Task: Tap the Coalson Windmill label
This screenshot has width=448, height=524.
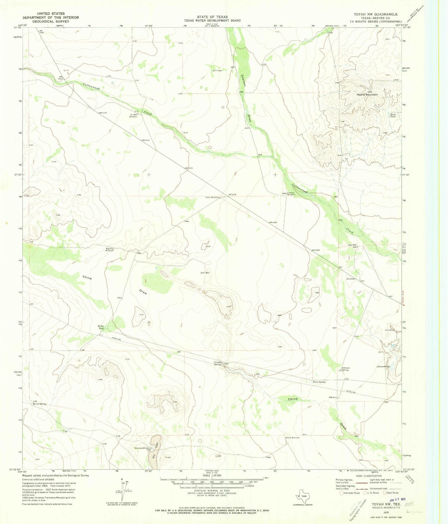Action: click(x=291, y=194)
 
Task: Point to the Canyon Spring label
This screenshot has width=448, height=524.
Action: click(x=217, y=363)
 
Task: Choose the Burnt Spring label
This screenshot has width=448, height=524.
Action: click(x=39, y=404)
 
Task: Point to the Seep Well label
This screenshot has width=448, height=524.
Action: click(x=352, y=245)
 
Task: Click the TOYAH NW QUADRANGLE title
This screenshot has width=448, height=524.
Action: click(x=375, y=14)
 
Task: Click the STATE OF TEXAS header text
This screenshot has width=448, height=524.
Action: click(x=212, y=17)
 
